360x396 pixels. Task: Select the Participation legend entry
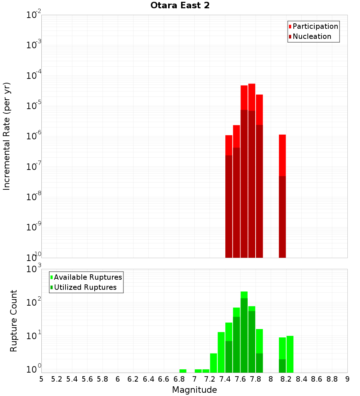coord(315,26)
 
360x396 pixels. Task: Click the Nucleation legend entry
coord(312,36)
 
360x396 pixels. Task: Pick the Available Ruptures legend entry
coord(88,277)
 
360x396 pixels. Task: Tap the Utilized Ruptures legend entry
coord(85,287)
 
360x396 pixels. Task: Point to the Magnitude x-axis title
coord(194,390)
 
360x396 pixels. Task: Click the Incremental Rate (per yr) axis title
coord(7,136)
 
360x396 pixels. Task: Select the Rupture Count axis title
coord(14,321)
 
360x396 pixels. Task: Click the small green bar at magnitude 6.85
coord(183,371)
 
